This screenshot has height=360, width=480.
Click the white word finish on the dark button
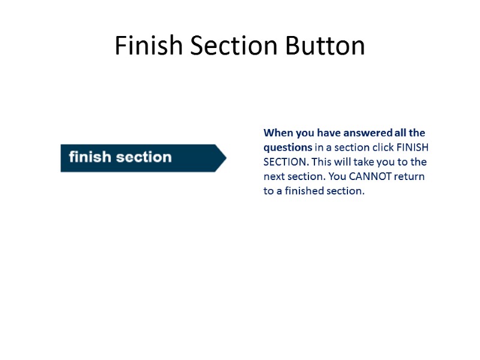[x=90, y=157]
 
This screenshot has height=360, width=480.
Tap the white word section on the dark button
[x=144, y=157]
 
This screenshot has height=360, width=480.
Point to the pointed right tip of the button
[x=225, y=158]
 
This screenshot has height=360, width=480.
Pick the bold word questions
[x=287, y=148]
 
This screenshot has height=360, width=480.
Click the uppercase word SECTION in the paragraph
[x=284, y=162]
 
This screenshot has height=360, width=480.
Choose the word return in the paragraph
[x=409, y=177]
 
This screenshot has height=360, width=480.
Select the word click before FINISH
[x=382, y=148]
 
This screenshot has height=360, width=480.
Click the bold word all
[x=400, y=133]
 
